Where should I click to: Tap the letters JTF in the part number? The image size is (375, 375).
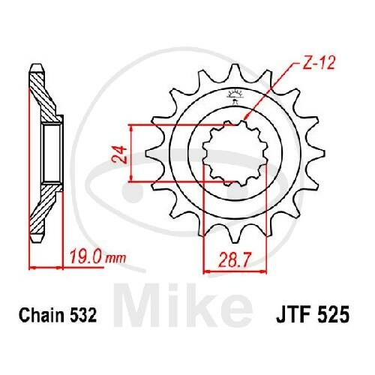point(283,316)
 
